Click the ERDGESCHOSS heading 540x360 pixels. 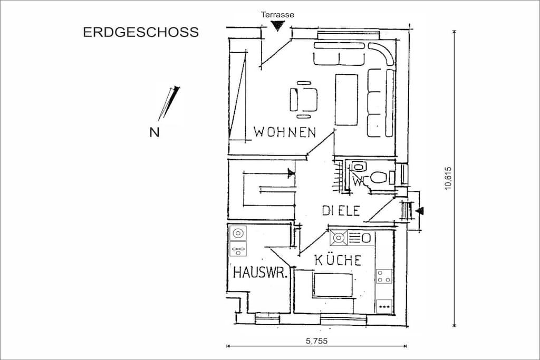[x=141, y=32]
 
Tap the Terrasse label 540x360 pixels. [x=277, y=15]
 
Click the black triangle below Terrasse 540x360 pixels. [x=277, y=26]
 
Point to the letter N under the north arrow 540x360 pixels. [x=155, y=132]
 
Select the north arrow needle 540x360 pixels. [x=169, y=103]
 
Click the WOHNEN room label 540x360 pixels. [x=285, y=132]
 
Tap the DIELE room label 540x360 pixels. [x=341, y=211]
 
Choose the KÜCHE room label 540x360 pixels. [x=338, y=260]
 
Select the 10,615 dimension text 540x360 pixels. [x=448, y=178]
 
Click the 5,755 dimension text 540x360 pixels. [x=317, y=341]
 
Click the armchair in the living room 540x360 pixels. [x=303, y=100]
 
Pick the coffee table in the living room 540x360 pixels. [x=346, y=100]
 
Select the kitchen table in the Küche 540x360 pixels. [x=333, y=285]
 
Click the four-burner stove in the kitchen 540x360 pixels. [x=384, y=276]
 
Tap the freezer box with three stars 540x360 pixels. [x=384, y=306]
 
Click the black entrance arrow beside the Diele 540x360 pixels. [x=420, y=211]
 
